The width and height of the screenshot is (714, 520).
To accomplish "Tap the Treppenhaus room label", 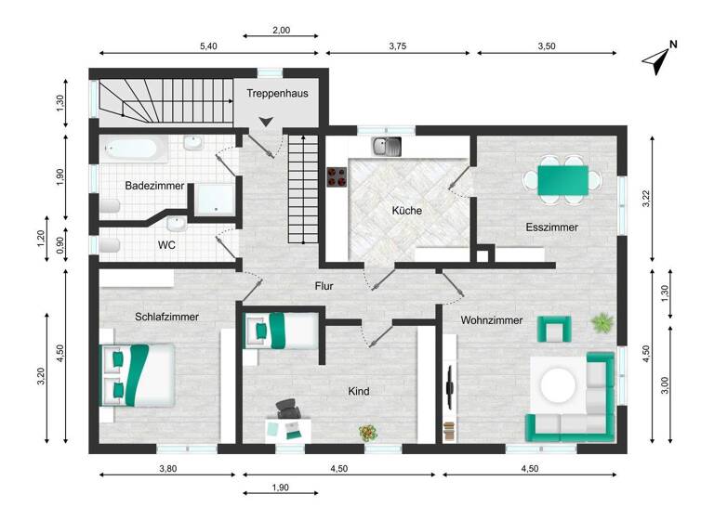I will (277, 93).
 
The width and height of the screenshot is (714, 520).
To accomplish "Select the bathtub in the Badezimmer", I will (131, 149).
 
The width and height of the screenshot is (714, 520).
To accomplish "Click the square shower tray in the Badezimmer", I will (212, 198).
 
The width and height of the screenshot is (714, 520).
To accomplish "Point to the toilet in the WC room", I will (110, 244).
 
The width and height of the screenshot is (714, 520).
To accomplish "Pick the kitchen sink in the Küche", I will (386, 146).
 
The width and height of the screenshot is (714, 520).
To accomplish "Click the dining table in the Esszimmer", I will (562, 178).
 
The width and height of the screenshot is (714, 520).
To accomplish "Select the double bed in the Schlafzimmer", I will (137, 374).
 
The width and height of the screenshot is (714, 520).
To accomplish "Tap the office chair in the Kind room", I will (288, 409).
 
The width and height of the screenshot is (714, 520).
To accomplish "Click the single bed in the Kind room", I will (281, 330).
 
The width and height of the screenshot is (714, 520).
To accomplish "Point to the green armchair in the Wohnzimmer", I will (554, 329).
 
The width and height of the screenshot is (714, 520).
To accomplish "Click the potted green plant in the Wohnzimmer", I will (603, 323).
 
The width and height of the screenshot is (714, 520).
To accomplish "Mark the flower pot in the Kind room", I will (369, 432).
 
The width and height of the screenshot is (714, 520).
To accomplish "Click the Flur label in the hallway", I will (324, 286).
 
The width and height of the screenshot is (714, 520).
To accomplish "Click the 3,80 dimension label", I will (166, 469).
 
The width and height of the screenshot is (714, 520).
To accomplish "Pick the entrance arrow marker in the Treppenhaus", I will (266, 121).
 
